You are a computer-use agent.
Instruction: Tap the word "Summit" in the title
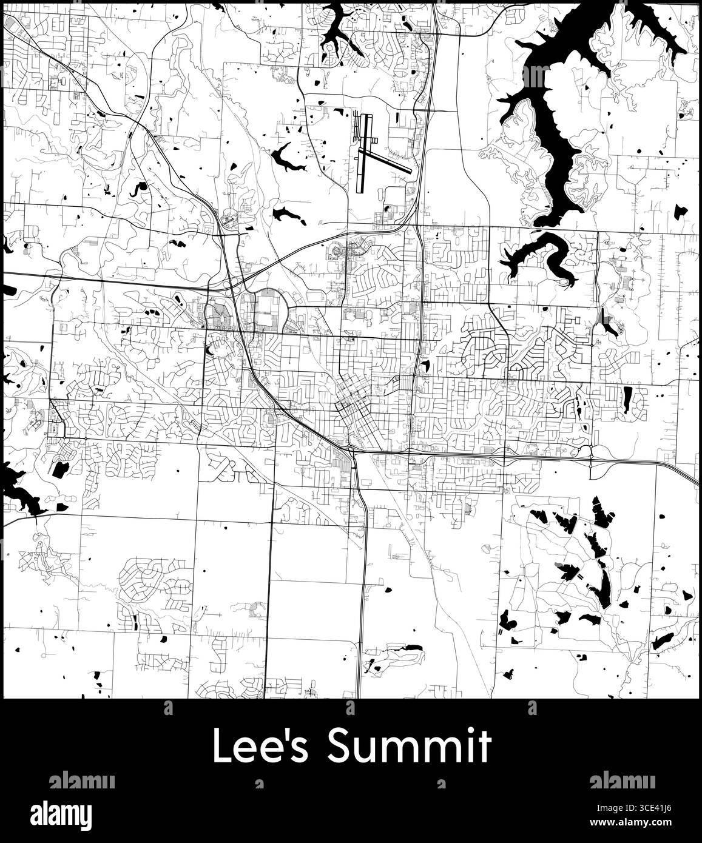[408, 746]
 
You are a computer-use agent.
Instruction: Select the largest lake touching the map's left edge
[18, 485]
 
